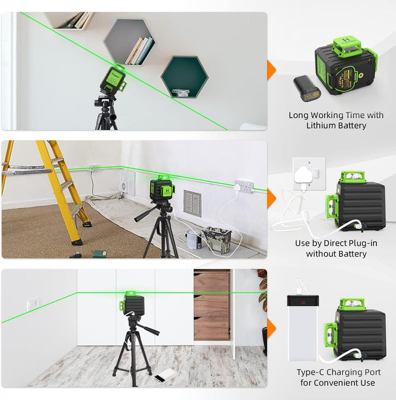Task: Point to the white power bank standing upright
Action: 302,328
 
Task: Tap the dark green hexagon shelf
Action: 185,77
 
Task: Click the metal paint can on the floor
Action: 192,239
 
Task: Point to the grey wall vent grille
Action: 193,204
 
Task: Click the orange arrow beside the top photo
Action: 272,70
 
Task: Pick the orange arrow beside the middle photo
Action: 272,198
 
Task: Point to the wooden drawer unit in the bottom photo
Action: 212,305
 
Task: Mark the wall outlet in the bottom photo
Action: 34,304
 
